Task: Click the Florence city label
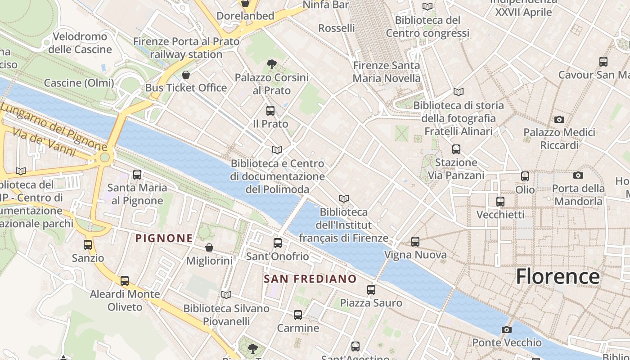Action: (x=558, y=276)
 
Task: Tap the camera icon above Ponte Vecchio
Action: (x=507, y=330)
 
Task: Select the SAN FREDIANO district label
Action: (x=310, y=279)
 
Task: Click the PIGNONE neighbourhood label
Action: (x=164, y=238)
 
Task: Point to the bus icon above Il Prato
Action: (x=270, y=111)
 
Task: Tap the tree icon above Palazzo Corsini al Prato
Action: (x=271, y=65)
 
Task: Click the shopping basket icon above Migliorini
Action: (x=209, y=247)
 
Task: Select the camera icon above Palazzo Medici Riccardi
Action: (x=559, y=119)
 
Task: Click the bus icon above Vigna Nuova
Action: (x=415, y=242)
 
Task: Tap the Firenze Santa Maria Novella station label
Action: (x=387, y=72)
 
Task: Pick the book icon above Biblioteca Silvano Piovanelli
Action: (x=226, y=295)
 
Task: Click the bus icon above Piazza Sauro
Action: (x=371, y=290)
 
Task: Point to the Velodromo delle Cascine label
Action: (x=80, y=43)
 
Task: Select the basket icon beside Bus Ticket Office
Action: (x=185, y=75)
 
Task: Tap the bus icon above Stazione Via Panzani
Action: (x=456, y=149)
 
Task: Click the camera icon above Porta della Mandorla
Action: (x=578, y=175)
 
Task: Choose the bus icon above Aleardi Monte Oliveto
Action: (x=125, y=281)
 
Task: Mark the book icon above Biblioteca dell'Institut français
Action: (x=344, y=199)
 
